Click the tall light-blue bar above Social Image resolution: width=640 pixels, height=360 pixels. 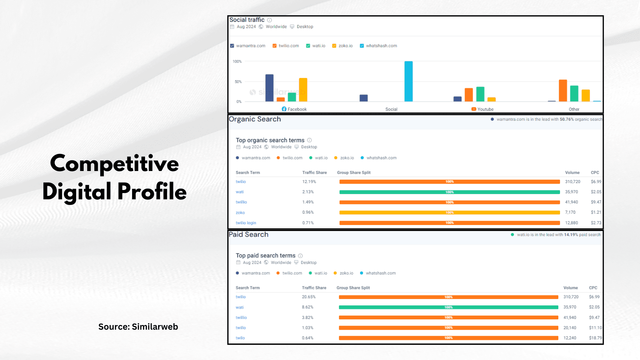[408, 81]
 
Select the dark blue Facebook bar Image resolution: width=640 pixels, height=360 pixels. [269, 88]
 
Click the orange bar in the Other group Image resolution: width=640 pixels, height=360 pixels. [563, 90]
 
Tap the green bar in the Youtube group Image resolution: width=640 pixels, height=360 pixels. [480, 94]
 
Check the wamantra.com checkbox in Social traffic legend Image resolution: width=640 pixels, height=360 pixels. [232, 46]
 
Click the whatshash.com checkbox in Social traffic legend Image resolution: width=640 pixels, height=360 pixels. [362, 46]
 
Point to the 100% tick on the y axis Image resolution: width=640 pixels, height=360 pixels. [237, 61]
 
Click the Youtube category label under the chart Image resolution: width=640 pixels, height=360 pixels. [485, 109]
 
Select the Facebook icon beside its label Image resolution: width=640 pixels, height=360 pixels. [284, 109]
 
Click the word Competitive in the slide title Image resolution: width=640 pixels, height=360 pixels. [114, 163]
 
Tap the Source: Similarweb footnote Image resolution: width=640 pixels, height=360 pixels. [138, 327]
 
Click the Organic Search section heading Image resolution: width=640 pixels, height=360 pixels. [255, 119]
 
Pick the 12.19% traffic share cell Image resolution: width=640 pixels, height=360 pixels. [309, 182]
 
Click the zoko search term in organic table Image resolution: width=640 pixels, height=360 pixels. [240, 213]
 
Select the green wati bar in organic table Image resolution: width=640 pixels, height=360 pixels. [449, 192]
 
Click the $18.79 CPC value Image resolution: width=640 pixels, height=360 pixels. [595, 338]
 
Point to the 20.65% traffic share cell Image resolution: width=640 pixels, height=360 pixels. [309, 297]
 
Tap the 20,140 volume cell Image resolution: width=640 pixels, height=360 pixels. [570, 328]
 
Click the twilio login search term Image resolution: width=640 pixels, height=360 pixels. [246, 223]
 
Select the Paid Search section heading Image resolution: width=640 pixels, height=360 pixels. [248, 234]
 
